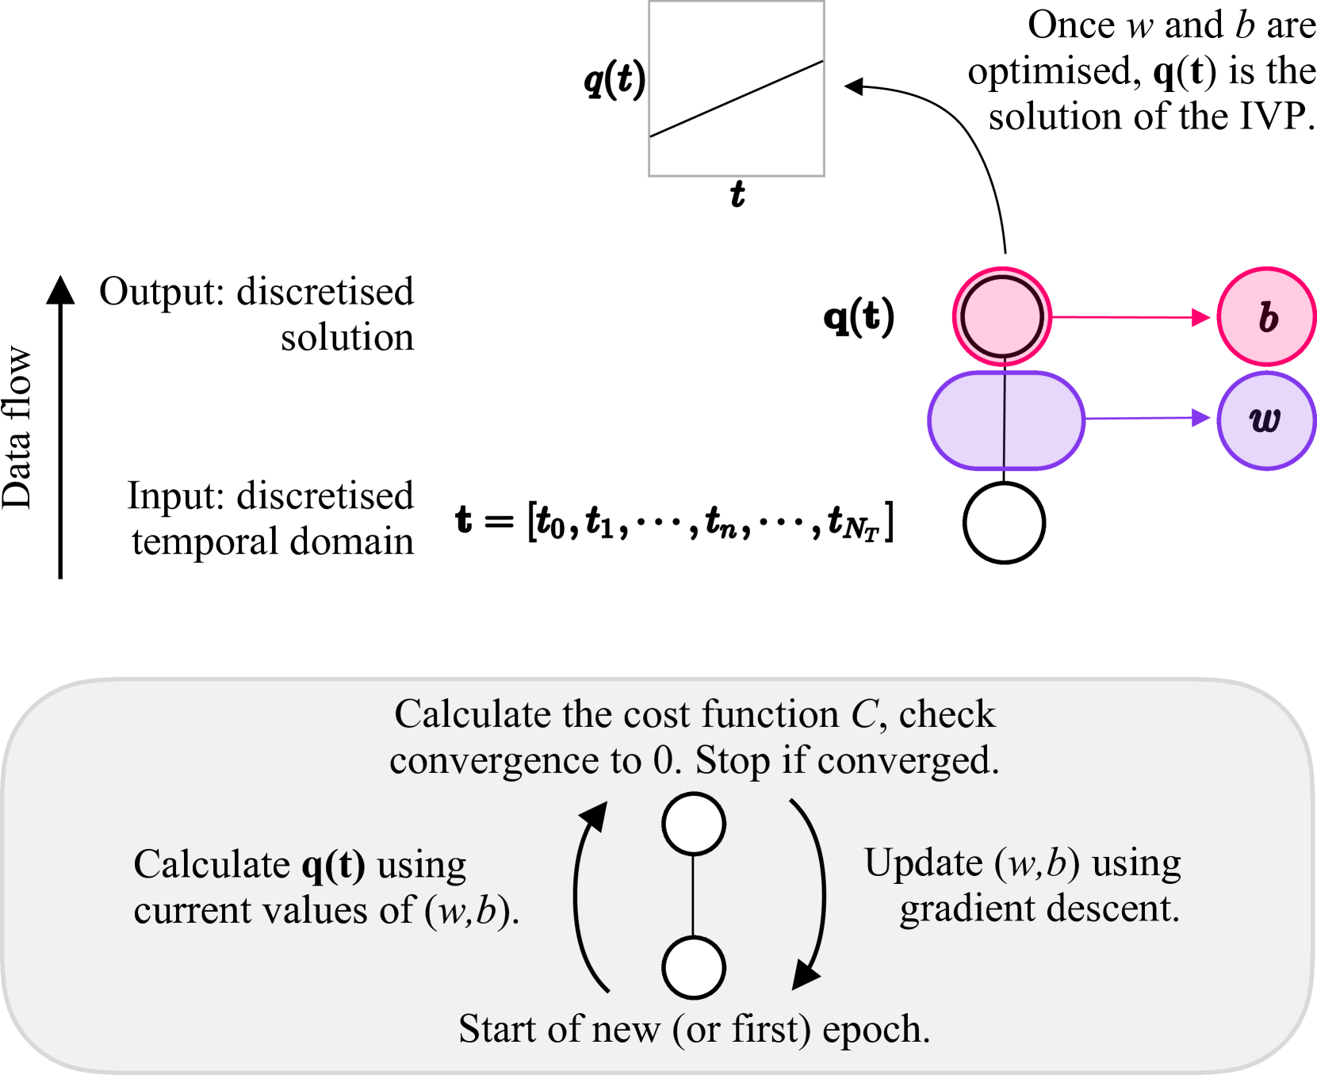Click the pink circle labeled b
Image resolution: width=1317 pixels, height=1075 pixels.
[x=1266, y=317]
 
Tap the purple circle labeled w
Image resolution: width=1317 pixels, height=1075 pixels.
[x=1266, y=421]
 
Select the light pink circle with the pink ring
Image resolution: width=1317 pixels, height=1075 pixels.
[x=1002, y=316]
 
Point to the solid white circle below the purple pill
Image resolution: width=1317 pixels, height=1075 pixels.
[x=1004, y=523]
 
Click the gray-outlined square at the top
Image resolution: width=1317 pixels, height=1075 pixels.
[x=737, y=89]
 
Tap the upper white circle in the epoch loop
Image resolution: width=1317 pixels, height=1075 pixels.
[x=694, y=824]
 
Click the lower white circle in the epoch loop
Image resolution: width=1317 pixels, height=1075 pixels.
[x=694, y=967]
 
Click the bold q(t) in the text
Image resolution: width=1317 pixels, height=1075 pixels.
[x=334, y=865]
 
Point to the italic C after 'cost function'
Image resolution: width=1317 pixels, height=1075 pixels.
[x=863, y=715]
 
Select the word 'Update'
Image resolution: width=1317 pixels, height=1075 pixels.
[x=923, y=863]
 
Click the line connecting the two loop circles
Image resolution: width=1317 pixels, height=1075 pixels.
[x=694, y=896]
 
